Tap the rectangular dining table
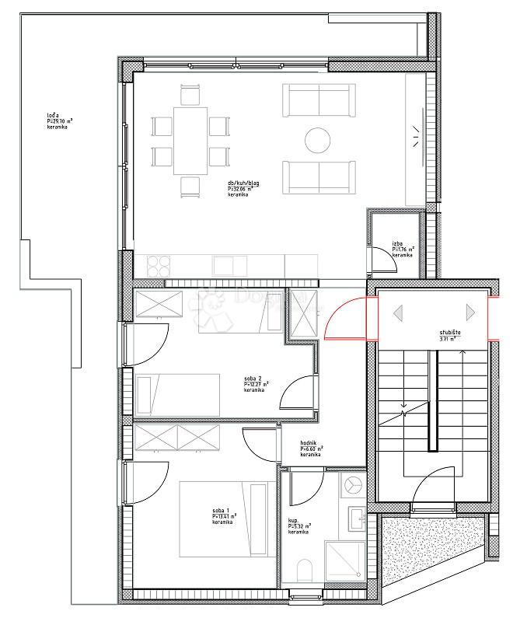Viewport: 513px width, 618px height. coord(190,140)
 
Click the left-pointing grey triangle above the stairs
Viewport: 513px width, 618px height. coord(398,312)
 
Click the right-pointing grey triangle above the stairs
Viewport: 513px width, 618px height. coord(469,312)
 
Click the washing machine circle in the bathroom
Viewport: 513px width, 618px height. coord(354,484)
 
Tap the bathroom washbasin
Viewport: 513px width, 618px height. coord(357,517)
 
